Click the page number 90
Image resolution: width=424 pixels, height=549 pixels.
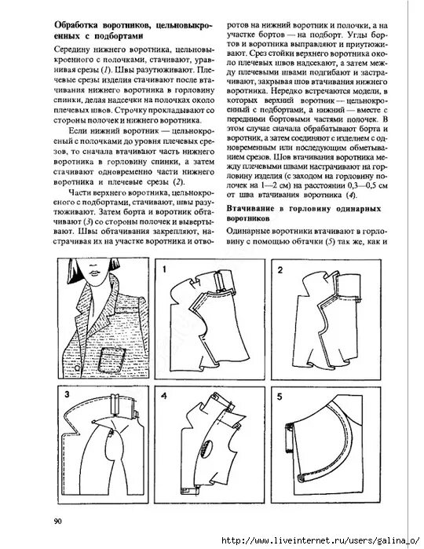tap(58, 522)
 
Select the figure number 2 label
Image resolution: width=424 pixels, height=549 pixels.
tap(280, 270)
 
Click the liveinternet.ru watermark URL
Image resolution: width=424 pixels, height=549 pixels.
tap(322, 541)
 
